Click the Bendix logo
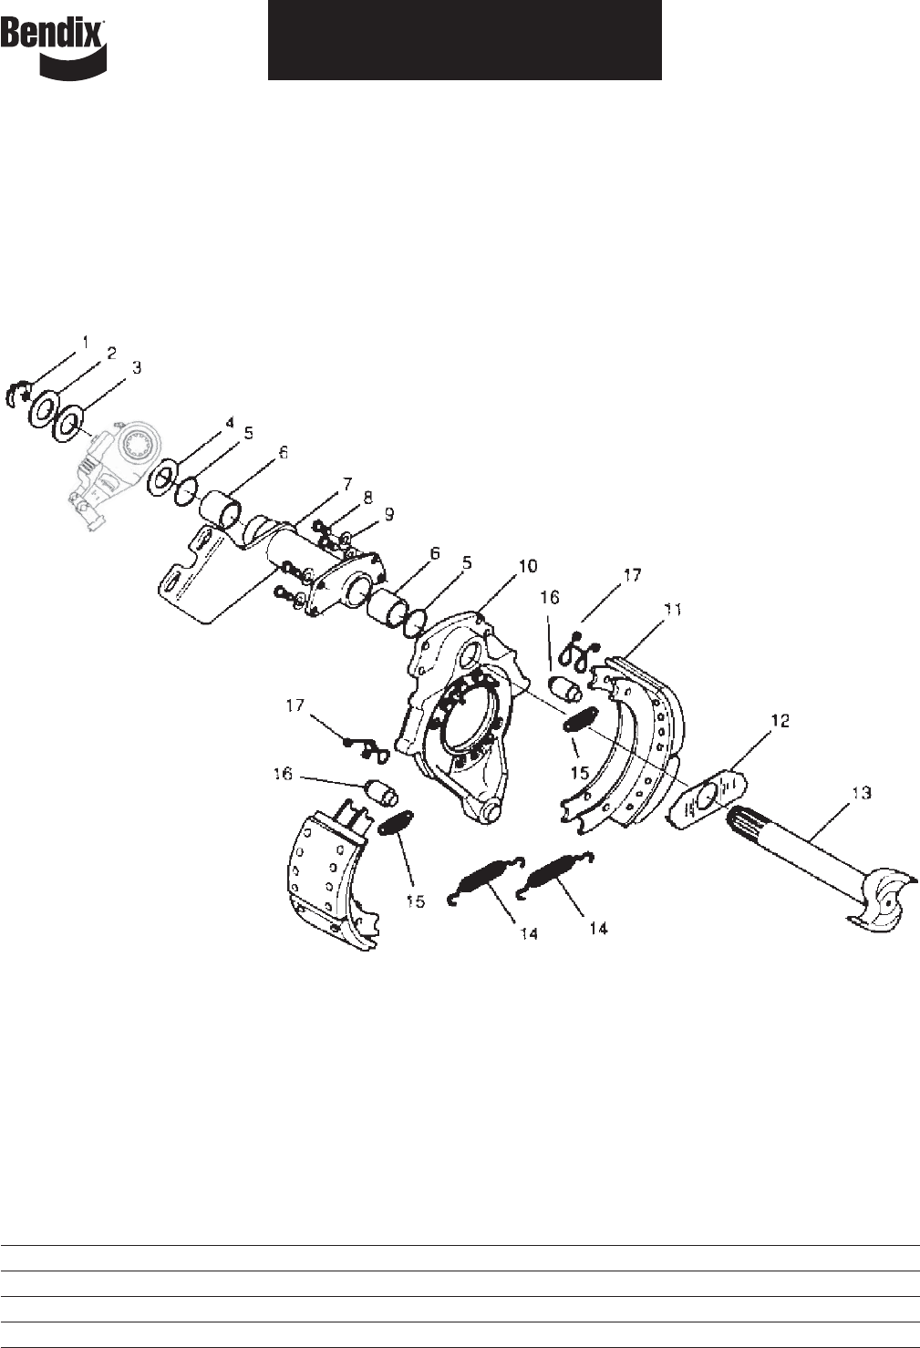[x=54, y=47]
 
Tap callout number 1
[x=85, y=343]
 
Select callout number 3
[x=137, y=367]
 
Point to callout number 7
[x=346, y=485]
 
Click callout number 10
[x=527, y=566]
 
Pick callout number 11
[x=673, y=610]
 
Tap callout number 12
[x=780, y=720]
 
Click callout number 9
[x=388, y=514]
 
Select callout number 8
[x=367, y=498]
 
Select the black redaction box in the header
[x=465, y=40]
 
